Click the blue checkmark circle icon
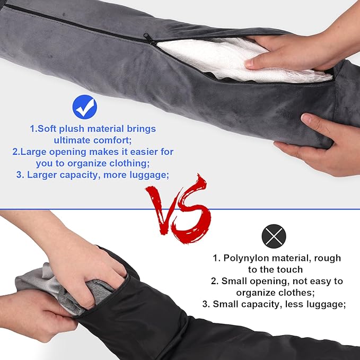click(x=85, y=107)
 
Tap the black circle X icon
click(x=274, y=235)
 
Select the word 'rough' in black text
click(x=328, y=258)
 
